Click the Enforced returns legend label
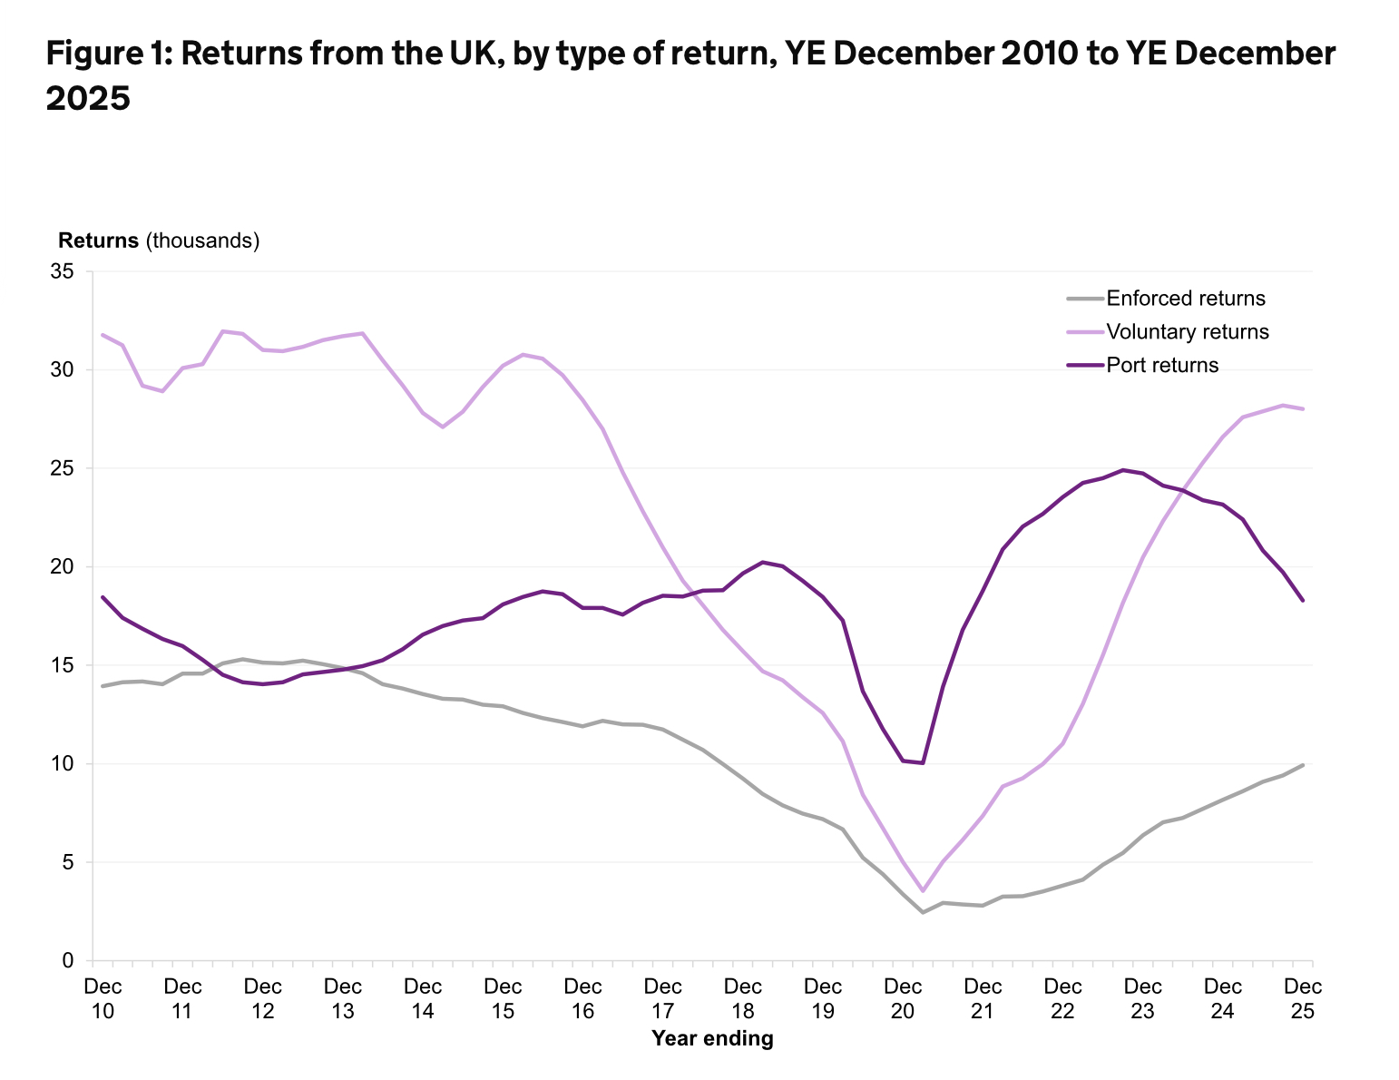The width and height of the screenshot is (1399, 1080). coord(1186,299)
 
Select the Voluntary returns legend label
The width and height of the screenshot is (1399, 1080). coord(1188,332)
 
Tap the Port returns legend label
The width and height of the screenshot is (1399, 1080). coord(1162,366)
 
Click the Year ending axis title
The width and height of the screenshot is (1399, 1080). coord(712,1039)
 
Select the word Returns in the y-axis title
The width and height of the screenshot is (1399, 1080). coord(98,241)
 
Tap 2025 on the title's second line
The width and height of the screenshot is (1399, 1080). coord(88,99)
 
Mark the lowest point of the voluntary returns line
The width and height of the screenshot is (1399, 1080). coord(923,891)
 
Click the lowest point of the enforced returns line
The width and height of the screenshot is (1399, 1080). coord(923,912)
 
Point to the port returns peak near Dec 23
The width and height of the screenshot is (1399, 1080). coord(1123,470)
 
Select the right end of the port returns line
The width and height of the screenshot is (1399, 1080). coord(1303,601)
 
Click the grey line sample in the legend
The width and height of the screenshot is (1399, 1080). coord(1084,299)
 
